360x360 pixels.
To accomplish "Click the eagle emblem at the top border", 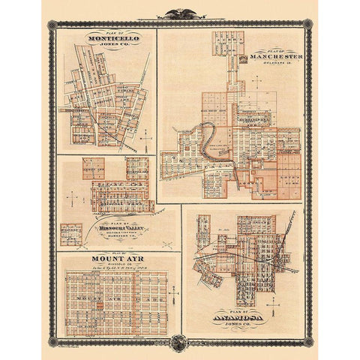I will tap(180, 13).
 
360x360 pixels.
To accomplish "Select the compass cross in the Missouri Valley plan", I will tap(71, 196).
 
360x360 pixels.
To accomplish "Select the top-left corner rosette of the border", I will tap(52, 25).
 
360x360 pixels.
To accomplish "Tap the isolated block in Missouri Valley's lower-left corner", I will tap(71, 232).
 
